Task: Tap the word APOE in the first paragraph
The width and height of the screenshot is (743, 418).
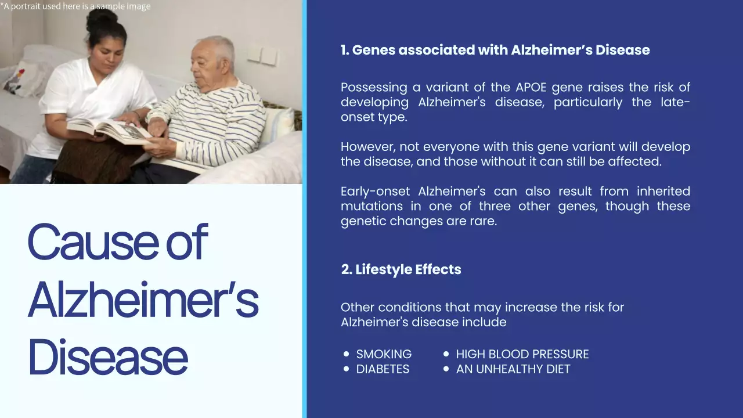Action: coord(531,88)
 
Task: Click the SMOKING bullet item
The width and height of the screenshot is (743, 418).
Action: coord(384,354)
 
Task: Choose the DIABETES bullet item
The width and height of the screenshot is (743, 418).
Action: coord(383,369)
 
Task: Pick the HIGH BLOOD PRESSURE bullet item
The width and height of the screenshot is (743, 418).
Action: coord(522,354)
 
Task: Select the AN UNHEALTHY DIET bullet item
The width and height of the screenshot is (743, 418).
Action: coord(513,369)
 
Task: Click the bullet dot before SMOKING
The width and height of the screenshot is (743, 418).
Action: coord(347,354)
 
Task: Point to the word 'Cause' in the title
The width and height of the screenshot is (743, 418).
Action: coord(92,242)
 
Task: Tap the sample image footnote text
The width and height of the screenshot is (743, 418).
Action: coord(75,6)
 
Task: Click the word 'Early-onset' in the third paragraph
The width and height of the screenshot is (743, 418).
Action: coord(376,192)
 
